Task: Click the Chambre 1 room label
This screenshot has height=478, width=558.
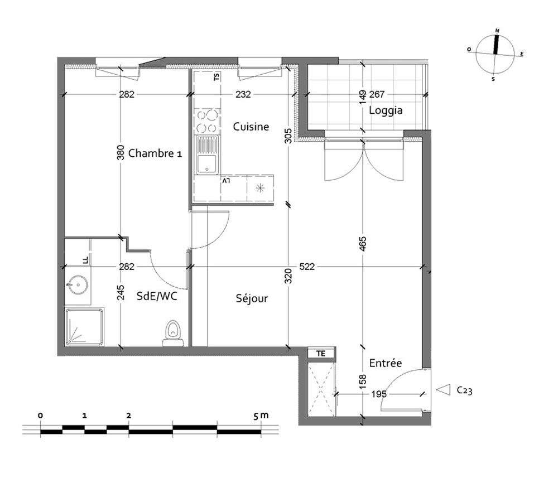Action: pos(155,153)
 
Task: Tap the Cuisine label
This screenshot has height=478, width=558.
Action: pos(251,127)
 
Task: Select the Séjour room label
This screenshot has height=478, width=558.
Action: pos(252,298)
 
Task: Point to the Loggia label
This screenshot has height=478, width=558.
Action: pos(386,110)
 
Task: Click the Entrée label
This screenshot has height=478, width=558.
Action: pos(386,363)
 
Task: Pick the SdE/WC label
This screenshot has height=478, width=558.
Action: pos(157,296)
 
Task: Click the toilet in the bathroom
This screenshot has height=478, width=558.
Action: pos(173,333)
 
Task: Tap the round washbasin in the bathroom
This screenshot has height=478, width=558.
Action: pos(78,285)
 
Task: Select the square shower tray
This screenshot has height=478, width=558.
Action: pos(84,327)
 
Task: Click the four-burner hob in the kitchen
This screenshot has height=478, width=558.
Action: pos(207,121)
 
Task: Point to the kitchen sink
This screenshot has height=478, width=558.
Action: pos(207,155)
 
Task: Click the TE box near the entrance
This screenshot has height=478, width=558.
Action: pos(321,354)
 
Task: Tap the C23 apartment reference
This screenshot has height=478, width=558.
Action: pos(464,390)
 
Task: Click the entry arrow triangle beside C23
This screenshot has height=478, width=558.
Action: pos(444,390)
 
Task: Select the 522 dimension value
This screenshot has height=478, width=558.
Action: pos(307,267)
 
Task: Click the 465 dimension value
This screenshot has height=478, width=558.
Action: pos(363,244)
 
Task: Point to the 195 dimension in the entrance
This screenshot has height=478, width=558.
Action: pos(379,394)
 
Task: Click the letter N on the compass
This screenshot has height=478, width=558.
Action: pos(497,31)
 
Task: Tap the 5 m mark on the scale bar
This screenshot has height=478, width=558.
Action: pos(261,416)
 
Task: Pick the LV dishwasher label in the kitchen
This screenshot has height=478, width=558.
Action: pos(226,181)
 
